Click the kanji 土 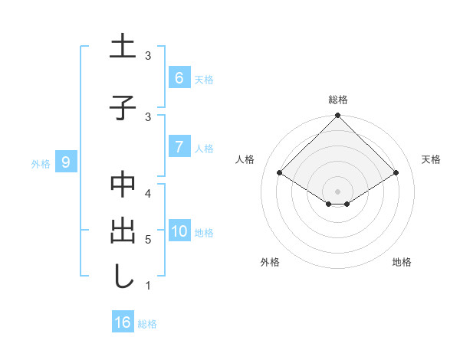[123, 47]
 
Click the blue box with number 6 [179, 78]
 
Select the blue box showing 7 [179, 147]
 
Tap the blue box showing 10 [179, 231]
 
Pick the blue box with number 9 [66, 162]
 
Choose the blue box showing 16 [123, 322]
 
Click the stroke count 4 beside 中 [147, 192]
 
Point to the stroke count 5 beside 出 [147, 239]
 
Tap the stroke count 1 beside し [147, 286]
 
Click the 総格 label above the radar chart [337, 100]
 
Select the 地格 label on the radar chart [402, 262]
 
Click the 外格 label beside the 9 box [40, 163]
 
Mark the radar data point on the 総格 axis [337, 116]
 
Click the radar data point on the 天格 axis [396, 173]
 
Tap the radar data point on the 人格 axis [280, 173]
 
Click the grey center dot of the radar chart [337, 191]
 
